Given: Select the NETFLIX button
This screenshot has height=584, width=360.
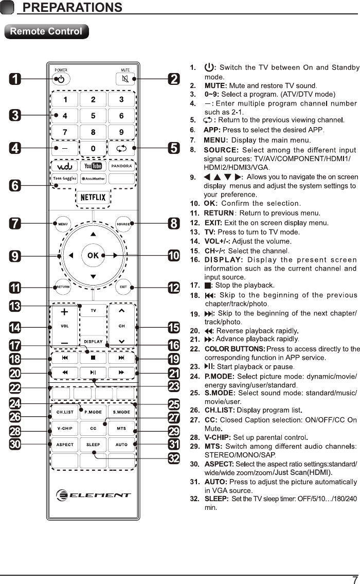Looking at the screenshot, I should [93, 197].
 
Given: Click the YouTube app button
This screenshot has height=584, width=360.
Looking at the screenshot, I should [93, 166].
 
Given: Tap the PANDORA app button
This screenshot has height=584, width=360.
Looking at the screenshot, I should [121, 166].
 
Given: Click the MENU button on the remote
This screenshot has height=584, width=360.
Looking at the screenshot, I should [63, 224].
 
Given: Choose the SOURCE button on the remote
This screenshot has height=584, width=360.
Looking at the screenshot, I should [123, 224].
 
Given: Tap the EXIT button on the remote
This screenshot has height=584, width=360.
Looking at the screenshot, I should [123, 287].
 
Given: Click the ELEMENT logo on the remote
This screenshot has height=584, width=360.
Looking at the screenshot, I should [94, 495].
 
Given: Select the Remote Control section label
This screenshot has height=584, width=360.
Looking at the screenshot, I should [46, 31].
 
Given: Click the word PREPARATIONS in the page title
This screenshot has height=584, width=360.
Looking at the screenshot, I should [73, 7].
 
